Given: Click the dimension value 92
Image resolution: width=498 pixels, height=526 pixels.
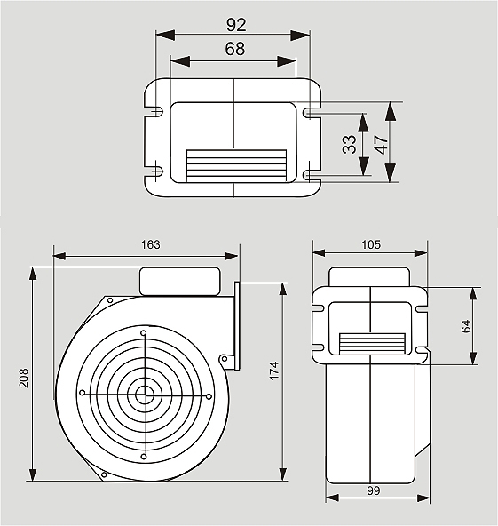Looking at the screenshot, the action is tap(236, 25).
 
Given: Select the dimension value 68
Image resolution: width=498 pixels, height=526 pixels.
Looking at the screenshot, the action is tap(235, 49).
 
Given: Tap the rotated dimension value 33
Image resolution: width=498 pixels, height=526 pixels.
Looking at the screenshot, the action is tap(349, 144).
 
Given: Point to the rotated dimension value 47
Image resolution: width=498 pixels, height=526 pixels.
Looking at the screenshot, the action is tap(382, 144).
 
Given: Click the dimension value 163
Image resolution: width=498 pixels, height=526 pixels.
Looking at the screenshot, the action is tap(151, 244).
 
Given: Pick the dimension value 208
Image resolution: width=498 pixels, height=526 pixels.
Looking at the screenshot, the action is tap(23, 379).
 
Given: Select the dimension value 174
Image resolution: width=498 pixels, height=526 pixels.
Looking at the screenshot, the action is tap(274, 371).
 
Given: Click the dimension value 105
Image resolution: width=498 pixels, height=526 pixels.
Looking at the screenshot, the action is tap(371, 244).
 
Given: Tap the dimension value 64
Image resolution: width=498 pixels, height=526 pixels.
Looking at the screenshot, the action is tap(466, 326).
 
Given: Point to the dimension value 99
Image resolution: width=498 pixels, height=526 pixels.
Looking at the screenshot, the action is tap(373, 490).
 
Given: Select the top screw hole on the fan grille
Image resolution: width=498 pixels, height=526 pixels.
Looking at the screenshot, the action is tap(144, 333).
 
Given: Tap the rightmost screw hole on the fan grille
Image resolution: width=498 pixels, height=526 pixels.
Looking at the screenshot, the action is tap(209, 396).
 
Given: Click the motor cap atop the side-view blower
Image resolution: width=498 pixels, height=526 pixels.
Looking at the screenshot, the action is tap(180, 281).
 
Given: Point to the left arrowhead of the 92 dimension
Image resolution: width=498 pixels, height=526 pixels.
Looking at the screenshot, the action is tap(165, 35).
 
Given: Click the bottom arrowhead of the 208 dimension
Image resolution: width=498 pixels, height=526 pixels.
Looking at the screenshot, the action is tap(33, 473).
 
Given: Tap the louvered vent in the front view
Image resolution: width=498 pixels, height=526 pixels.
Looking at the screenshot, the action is tap(372, 344).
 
